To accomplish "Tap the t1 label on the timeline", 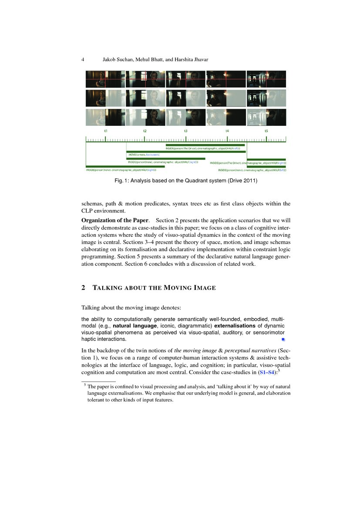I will coord(106,131).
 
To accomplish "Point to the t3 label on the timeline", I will coord(186,131).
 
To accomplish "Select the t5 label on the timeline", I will coord(266,131).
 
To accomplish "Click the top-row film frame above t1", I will coord(105,79).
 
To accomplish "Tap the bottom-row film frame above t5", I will coord(266,117).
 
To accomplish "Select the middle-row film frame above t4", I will coord(226,98).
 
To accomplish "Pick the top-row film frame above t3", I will coord(186,79).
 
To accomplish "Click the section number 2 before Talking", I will coord(83,288).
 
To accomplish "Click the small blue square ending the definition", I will coord(283,339).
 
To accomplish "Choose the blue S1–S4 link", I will coord(267,373).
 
